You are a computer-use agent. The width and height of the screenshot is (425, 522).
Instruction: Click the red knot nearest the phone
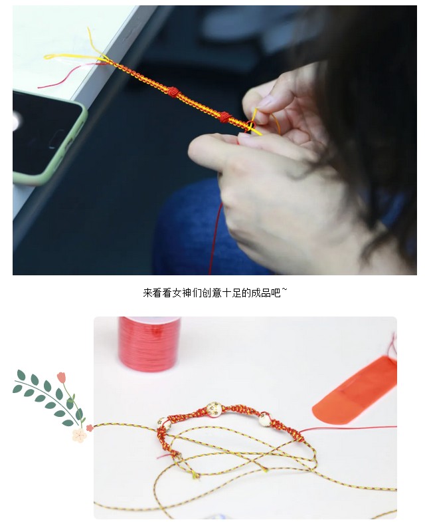click(x=173, y=92)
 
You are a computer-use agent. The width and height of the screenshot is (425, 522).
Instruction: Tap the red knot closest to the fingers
click(x=226, y=117)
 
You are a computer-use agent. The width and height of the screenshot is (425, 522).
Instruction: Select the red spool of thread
click(x=149, y=344)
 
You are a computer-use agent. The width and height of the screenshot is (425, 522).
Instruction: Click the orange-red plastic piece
click(x=357, y=390)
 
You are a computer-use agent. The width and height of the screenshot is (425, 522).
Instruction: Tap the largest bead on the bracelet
click(x=214, y=409)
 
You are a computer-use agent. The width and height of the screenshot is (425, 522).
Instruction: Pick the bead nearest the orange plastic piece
click(x=265, y=419)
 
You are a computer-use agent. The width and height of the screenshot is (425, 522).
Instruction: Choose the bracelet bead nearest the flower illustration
click(x=164, y=424)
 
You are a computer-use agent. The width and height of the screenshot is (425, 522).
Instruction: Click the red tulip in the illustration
click(x=61, y=378)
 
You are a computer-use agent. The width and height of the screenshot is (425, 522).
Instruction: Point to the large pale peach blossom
click(x=79, y=435)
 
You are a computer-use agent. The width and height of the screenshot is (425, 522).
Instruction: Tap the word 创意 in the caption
click(x=211, y=293)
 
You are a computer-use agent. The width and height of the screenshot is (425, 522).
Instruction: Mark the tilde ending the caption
click(x=284, y=290)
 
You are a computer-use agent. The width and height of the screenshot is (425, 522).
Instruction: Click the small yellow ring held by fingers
click(x=250, y=126)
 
